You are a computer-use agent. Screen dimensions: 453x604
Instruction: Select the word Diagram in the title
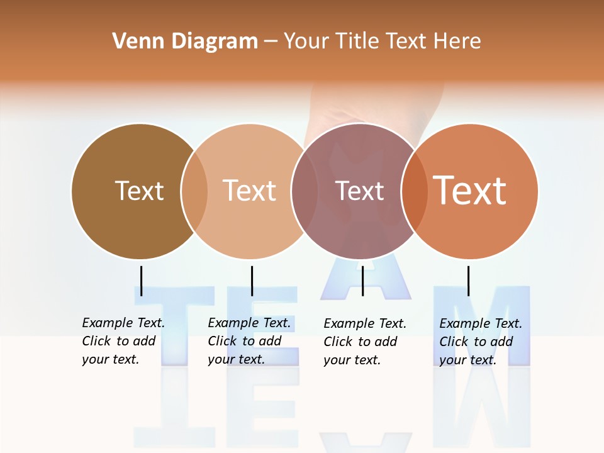tap(215, 42)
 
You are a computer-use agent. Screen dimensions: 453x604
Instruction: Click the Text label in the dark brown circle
tap(139, 191)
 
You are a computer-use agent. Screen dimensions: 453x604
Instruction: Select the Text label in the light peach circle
tap(249, 191)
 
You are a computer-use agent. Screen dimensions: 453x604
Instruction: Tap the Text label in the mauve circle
tap(359, 191)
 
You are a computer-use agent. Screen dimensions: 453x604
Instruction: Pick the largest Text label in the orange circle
tap(470, 191)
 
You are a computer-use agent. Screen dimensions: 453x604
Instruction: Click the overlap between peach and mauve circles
tap(304, 191)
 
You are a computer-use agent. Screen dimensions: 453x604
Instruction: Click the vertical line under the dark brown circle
tap(142, 281)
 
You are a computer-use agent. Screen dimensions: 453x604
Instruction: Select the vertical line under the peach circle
tap(252, 281)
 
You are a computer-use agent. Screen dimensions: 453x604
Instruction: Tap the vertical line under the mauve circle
tap(362, 281)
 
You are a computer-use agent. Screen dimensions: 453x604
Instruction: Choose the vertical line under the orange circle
tap(468, 281)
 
